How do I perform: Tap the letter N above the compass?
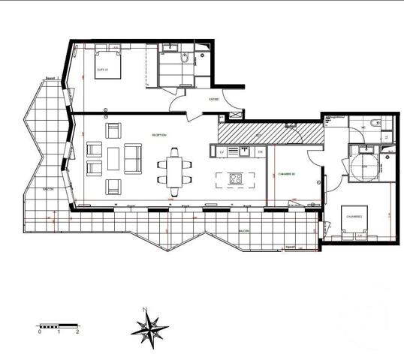click(x=143, y=309)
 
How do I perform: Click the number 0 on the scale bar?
click(x=40, y=331)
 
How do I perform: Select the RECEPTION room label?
click(x=158, y=136)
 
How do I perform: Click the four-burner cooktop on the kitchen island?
click(x=235, y=179)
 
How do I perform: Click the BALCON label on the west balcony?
click(x=47, y=190)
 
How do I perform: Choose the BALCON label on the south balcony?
click(x=244, y=231)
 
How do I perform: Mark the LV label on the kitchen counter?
click(x=222, y=152)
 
